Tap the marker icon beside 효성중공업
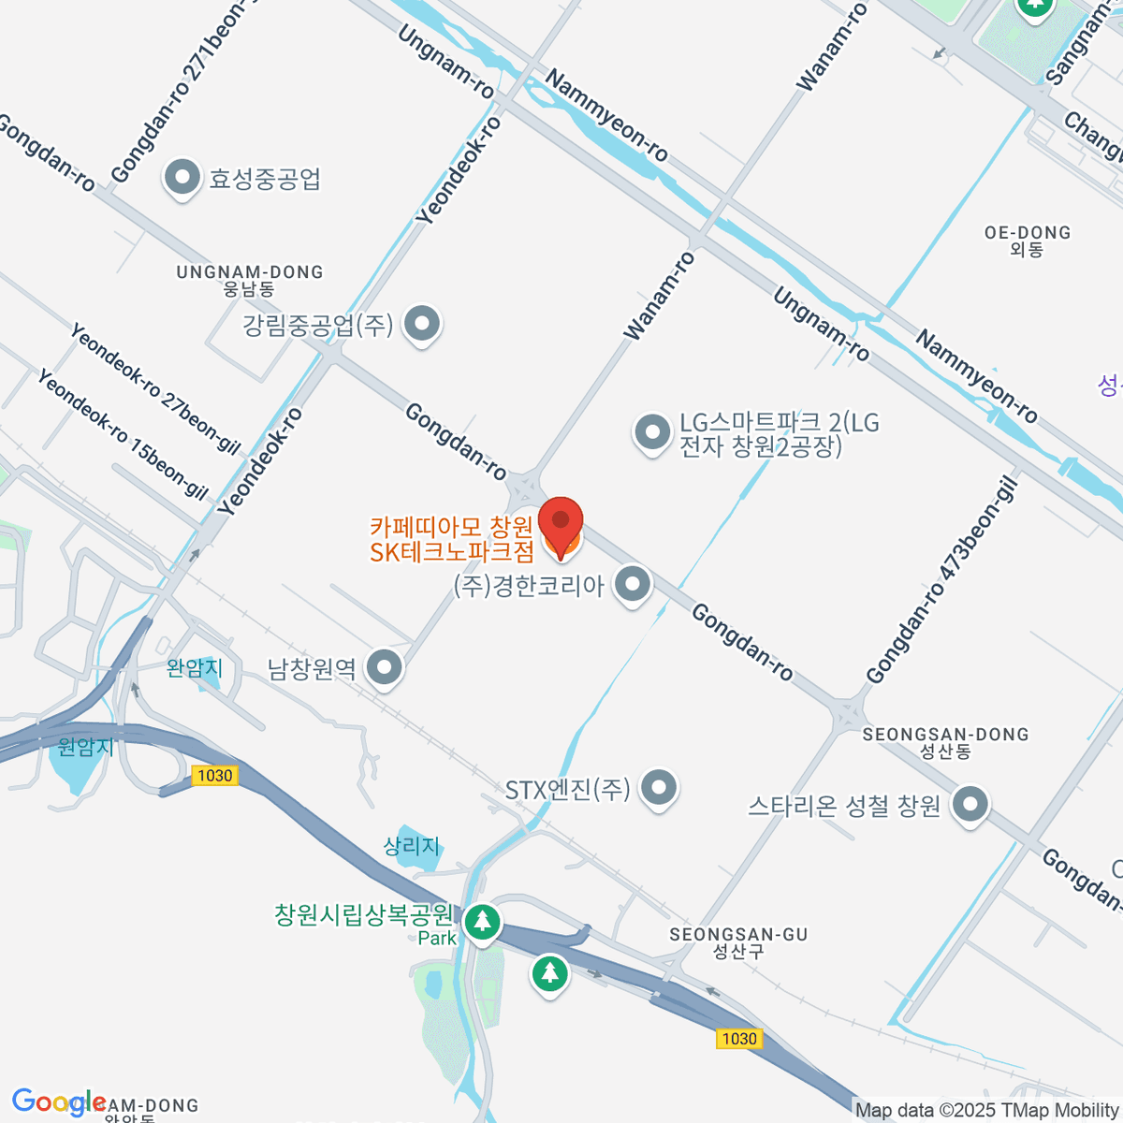click(182, 176)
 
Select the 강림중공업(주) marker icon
click(422, 324)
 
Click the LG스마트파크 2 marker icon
click(652, 432)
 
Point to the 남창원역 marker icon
click(384, 668)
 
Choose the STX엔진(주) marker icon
click(659, 788)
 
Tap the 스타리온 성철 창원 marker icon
click(970, 804)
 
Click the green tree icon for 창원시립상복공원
click(482, 922)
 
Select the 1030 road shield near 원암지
click(214, 775)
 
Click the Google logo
click(58, 1102)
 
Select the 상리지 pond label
click(412, 846)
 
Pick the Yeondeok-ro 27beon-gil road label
click(155, 388)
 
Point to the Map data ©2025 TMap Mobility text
click(987, 1111)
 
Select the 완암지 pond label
click(195, 668)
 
